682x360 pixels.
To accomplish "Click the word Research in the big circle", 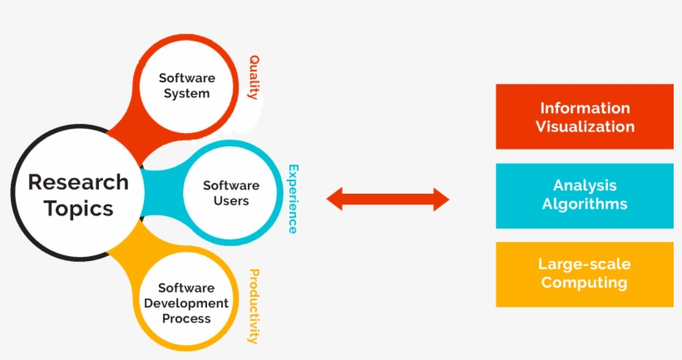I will (78, 182).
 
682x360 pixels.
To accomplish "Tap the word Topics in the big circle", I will (78, 208).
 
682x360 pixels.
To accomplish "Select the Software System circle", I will (187, 86).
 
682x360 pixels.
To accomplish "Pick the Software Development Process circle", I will (187, 303).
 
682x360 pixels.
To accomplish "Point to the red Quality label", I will (254, 77).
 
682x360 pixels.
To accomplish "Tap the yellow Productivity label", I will (254, 306).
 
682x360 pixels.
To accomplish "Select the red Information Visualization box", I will (585, 117).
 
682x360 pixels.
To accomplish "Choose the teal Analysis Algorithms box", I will (585, 195).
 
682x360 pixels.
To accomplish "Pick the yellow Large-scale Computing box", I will (585, 274).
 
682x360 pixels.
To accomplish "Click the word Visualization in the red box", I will (585, 127).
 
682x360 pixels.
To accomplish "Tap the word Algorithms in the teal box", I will (585, 205).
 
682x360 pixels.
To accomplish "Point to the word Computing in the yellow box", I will (585, 283).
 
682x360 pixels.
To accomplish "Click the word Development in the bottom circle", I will (187, 303).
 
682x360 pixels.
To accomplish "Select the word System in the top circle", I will (187, 93).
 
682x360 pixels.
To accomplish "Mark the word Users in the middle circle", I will (231, 200).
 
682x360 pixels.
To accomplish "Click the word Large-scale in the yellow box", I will (585, 264).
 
